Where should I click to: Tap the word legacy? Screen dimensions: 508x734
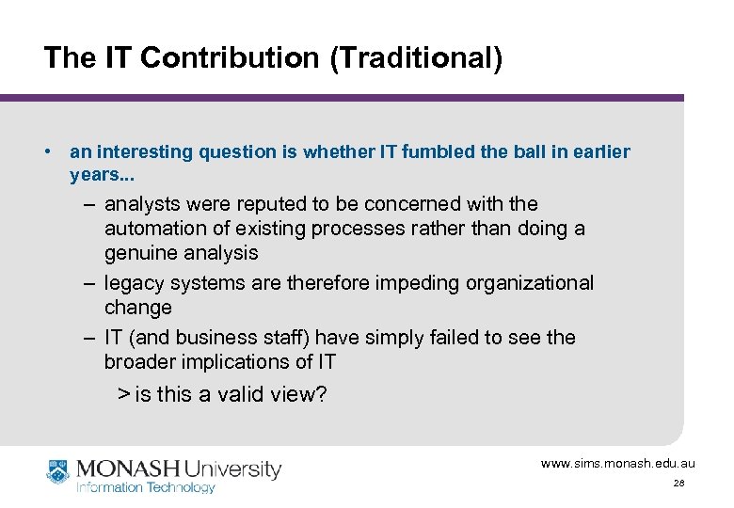pyautogui.click(x=133, y=283)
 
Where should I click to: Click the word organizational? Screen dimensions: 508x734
pyautogui.click(x=535, y=283)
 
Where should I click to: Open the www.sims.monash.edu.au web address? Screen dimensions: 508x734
pyautogui.click(x=617, y=463)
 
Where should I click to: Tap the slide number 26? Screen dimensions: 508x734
pyautogui.click(x=678, y=483)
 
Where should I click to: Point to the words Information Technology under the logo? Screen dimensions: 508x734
pyautogui.click(x=145, y=487)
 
